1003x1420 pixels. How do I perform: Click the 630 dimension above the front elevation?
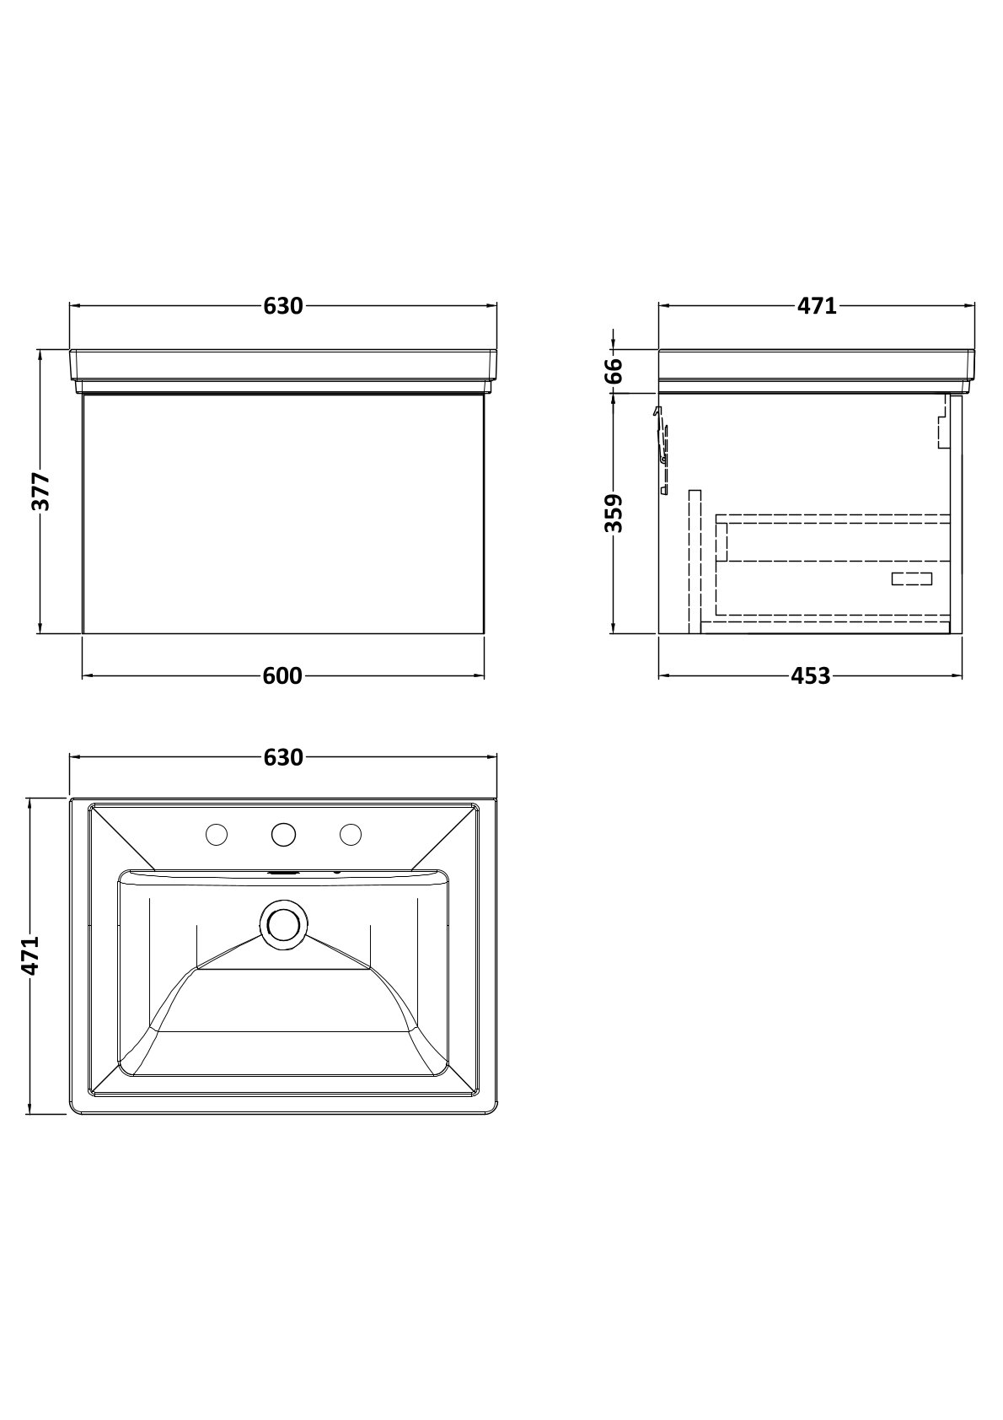283,306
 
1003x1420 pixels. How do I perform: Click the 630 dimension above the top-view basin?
283,757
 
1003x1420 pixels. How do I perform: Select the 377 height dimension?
40,492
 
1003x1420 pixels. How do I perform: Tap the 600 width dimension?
282,675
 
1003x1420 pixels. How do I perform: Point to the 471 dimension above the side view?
817,306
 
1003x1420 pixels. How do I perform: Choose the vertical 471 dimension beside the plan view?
29,956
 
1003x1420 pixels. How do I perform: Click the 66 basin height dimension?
614,371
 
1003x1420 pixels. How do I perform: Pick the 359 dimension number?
614,513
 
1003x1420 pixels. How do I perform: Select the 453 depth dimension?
811,675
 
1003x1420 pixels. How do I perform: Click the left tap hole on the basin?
217,835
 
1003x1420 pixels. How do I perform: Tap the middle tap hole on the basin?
283,835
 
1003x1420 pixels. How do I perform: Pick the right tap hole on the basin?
351,835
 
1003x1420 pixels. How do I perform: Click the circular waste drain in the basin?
283,922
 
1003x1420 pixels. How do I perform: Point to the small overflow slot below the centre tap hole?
283,874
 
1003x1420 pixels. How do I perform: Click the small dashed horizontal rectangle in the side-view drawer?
913,578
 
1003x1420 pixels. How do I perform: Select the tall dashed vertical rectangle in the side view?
695,560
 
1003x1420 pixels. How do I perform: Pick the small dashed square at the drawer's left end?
721,541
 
